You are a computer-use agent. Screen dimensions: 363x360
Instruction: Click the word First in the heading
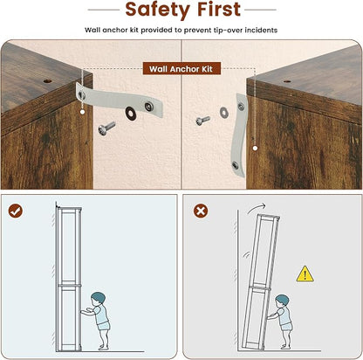click(x=219, y=9)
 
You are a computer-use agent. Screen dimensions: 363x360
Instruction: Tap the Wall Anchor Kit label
click(x=181, y=69)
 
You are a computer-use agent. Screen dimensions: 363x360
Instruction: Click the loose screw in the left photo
click(x=106, y=128)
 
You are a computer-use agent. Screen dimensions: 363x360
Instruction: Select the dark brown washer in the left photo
click(x=130, y=113)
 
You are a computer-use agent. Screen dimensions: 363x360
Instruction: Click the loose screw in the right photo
click(x=202, y=121)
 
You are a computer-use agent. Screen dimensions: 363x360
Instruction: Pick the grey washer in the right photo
click(x=223, y=113)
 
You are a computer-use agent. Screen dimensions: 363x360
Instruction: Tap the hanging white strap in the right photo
click(x=239, y=135)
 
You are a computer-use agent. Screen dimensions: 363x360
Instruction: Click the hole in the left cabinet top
click(x=47, y=80)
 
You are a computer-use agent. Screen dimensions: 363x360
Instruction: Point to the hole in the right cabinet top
click(x=287, y=81)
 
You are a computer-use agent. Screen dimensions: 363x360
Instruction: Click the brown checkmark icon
click(x=16, y=211)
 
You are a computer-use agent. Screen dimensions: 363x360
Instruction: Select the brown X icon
click(x=201, y=211)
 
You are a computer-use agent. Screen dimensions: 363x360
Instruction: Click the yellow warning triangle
click(x=305, y=274)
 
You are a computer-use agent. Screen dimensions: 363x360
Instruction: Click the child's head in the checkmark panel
click(x=98, y=299)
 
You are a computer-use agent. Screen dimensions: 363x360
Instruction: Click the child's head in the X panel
click(x=283, y=301)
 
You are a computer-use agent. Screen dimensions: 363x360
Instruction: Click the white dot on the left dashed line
click(x=82, y=112)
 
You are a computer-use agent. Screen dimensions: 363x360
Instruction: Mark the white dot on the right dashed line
click(x=255, y=149)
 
